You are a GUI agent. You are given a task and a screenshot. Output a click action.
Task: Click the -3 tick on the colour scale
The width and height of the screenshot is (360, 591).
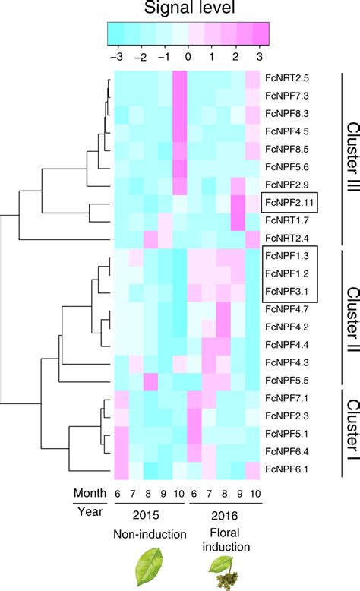[114, 57]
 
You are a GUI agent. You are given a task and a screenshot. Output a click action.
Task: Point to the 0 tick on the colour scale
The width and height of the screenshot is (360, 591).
[188, 57]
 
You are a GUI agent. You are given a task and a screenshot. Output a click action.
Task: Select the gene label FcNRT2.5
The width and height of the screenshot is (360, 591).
[287, 78]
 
